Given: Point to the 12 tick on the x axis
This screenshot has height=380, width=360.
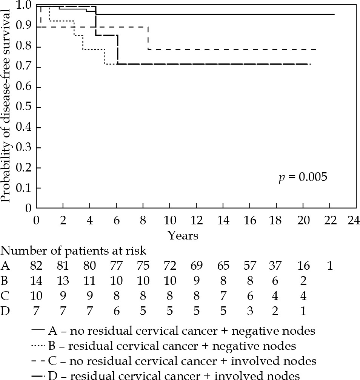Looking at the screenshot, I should pos(196,220).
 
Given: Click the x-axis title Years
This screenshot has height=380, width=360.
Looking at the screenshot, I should pos(183,236).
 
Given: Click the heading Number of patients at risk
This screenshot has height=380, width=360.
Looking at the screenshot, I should pos(74,250).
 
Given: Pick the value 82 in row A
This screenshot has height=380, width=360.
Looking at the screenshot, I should pos(37,266).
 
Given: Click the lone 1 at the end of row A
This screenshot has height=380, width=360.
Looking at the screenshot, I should pos(330,266).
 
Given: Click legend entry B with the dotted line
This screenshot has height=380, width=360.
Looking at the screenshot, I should pos(172,346).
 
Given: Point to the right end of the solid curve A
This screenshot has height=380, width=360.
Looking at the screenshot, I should pos(334,14).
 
